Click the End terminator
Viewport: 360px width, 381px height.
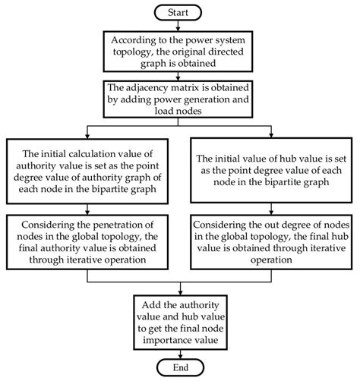(x=181, y=367)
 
